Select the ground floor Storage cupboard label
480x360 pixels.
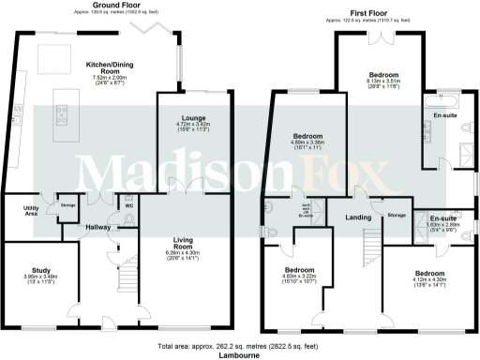(67, 204)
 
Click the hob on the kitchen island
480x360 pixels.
(61, 114)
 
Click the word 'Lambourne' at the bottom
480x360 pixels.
(239, 354)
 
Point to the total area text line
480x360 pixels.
(239, 345)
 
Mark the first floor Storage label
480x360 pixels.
(395, 215)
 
